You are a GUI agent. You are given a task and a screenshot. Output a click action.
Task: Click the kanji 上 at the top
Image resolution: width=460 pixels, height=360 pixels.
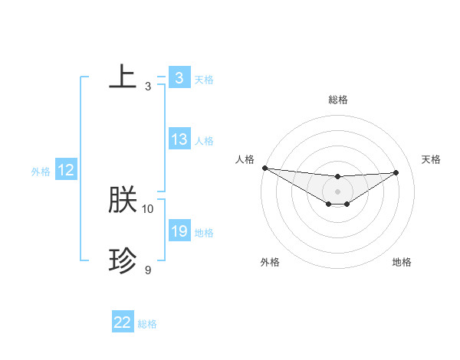[123, 77]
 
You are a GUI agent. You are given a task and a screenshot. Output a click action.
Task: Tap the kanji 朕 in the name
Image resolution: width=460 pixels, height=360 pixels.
[123, 200]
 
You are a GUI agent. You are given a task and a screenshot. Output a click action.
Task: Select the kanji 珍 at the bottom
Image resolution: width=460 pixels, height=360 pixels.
[123, 261]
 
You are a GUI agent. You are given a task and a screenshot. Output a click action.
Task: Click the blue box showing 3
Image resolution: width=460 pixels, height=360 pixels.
[179, 78]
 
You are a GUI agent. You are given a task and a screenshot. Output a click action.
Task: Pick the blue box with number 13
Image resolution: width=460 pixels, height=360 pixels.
[179, 139]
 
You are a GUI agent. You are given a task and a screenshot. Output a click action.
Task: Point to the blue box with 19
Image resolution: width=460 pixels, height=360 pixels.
[179, 231]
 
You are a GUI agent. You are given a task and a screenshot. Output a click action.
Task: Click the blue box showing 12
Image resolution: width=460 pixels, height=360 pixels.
[66, 170]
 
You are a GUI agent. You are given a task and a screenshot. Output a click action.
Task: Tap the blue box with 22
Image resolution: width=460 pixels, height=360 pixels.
[123, 322]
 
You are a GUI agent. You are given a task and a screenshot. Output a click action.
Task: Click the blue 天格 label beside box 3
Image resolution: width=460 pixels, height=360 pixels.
[204, 80]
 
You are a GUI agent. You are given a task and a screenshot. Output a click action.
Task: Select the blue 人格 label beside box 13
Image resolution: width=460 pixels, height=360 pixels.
[204, 141]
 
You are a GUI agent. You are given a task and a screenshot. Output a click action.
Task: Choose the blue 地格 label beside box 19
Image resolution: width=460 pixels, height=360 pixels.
[204, 233]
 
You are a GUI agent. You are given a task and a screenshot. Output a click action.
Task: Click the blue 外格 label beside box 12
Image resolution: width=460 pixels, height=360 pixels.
[41, 172]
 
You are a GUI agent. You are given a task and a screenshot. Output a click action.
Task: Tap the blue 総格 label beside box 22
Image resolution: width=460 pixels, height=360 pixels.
[147, 324]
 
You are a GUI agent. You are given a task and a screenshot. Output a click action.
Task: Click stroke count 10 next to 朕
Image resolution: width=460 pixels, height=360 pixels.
[148, 208]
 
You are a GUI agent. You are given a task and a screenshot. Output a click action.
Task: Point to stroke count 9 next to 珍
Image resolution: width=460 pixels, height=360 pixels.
[148, 270]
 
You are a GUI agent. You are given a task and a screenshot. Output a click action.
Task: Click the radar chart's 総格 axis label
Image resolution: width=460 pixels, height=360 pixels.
[338, 100]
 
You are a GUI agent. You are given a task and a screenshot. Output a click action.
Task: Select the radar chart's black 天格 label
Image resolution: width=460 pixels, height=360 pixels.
[431, 159]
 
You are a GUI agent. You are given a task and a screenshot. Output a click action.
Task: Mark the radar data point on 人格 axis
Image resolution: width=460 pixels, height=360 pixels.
[264, 168]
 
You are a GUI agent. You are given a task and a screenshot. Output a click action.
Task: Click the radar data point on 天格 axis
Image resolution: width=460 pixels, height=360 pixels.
[396, 172]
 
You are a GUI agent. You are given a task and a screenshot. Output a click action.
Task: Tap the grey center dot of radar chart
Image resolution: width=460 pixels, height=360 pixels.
[338, 191]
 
